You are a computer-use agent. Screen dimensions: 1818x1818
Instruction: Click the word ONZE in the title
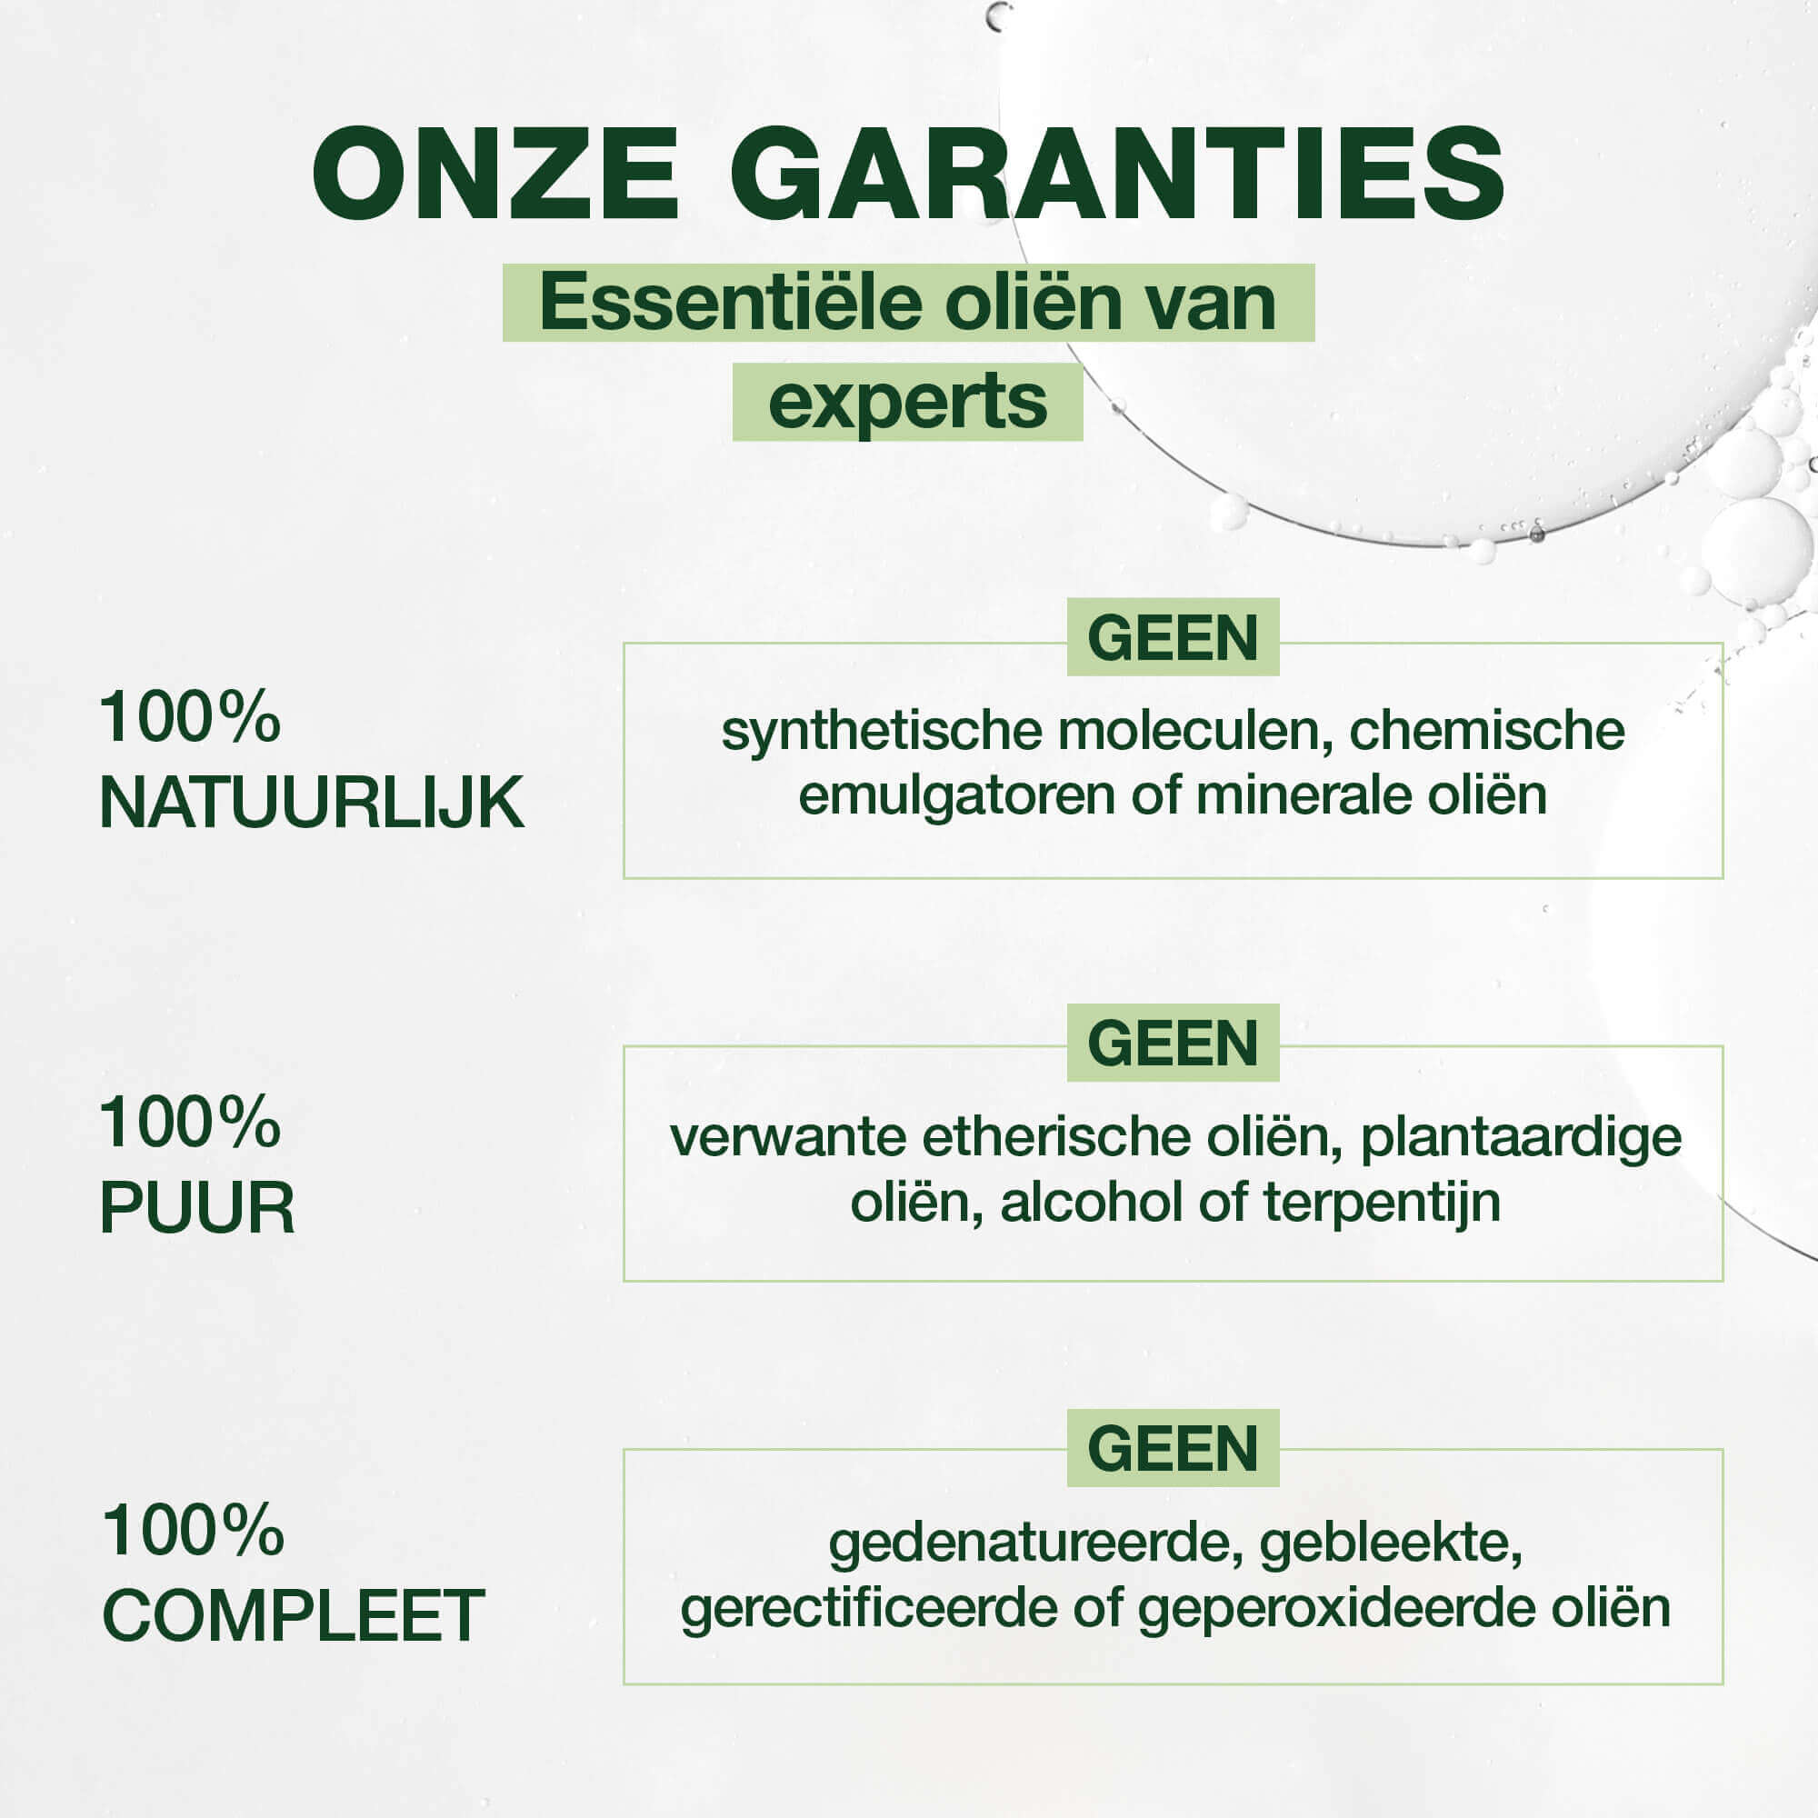496,175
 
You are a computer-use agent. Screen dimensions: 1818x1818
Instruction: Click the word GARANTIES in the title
1117,175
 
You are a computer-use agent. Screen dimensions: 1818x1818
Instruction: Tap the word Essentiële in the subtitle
718,302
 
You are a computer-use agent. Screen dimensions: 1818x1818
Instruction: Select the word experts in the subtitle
908,403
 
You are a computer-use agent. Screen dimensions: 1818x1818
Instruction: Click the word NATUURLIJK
312,803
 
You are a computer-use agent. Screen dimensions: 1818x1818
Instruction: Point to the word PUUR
197,1207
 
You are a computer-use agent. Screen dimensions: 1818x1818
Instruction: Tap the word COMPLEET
293,1615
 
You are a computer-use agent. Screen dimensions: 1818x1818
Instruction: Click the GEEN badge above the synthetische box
1173,637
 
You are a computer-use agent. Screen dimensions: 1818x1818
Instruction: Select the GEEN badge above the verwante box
1173,1043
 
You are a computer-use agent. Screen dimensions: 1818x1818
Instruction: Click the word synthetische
882,731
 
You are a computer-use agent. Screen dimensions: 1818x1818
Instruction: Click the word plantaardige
1522,1139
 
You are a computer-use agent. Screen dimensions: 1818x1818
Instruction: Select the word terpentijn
1382,1204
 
